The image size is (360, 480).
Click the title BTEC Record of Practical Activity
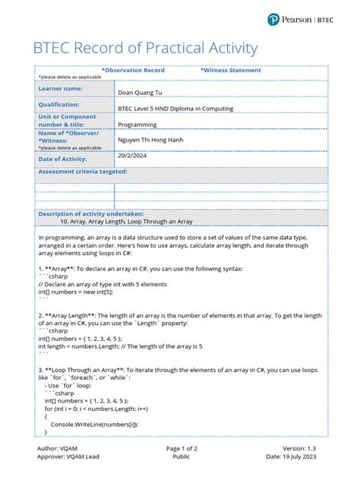tap(144, 49)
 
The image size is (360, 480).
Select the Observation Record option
tap(133, 70)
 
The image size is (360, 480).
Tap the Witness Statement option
tap(230, 70)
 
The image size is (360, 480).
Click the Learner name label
tap(60, 89)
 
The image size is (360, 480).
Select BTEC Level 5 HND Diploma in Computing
tap(175, 109)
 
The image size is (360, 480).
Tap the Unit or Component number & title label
tap(68, 119)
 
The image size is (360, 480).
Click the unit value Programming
tap(137, 124)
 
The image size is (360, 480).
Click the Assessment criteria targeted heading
tap(83, 172)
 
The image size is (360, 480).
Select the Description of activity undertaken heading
tap(96, 214)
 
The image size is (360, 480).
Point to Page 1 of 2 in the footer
tap(182, 448)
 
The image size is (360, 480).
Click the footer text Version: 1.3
tap(302, 448)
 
